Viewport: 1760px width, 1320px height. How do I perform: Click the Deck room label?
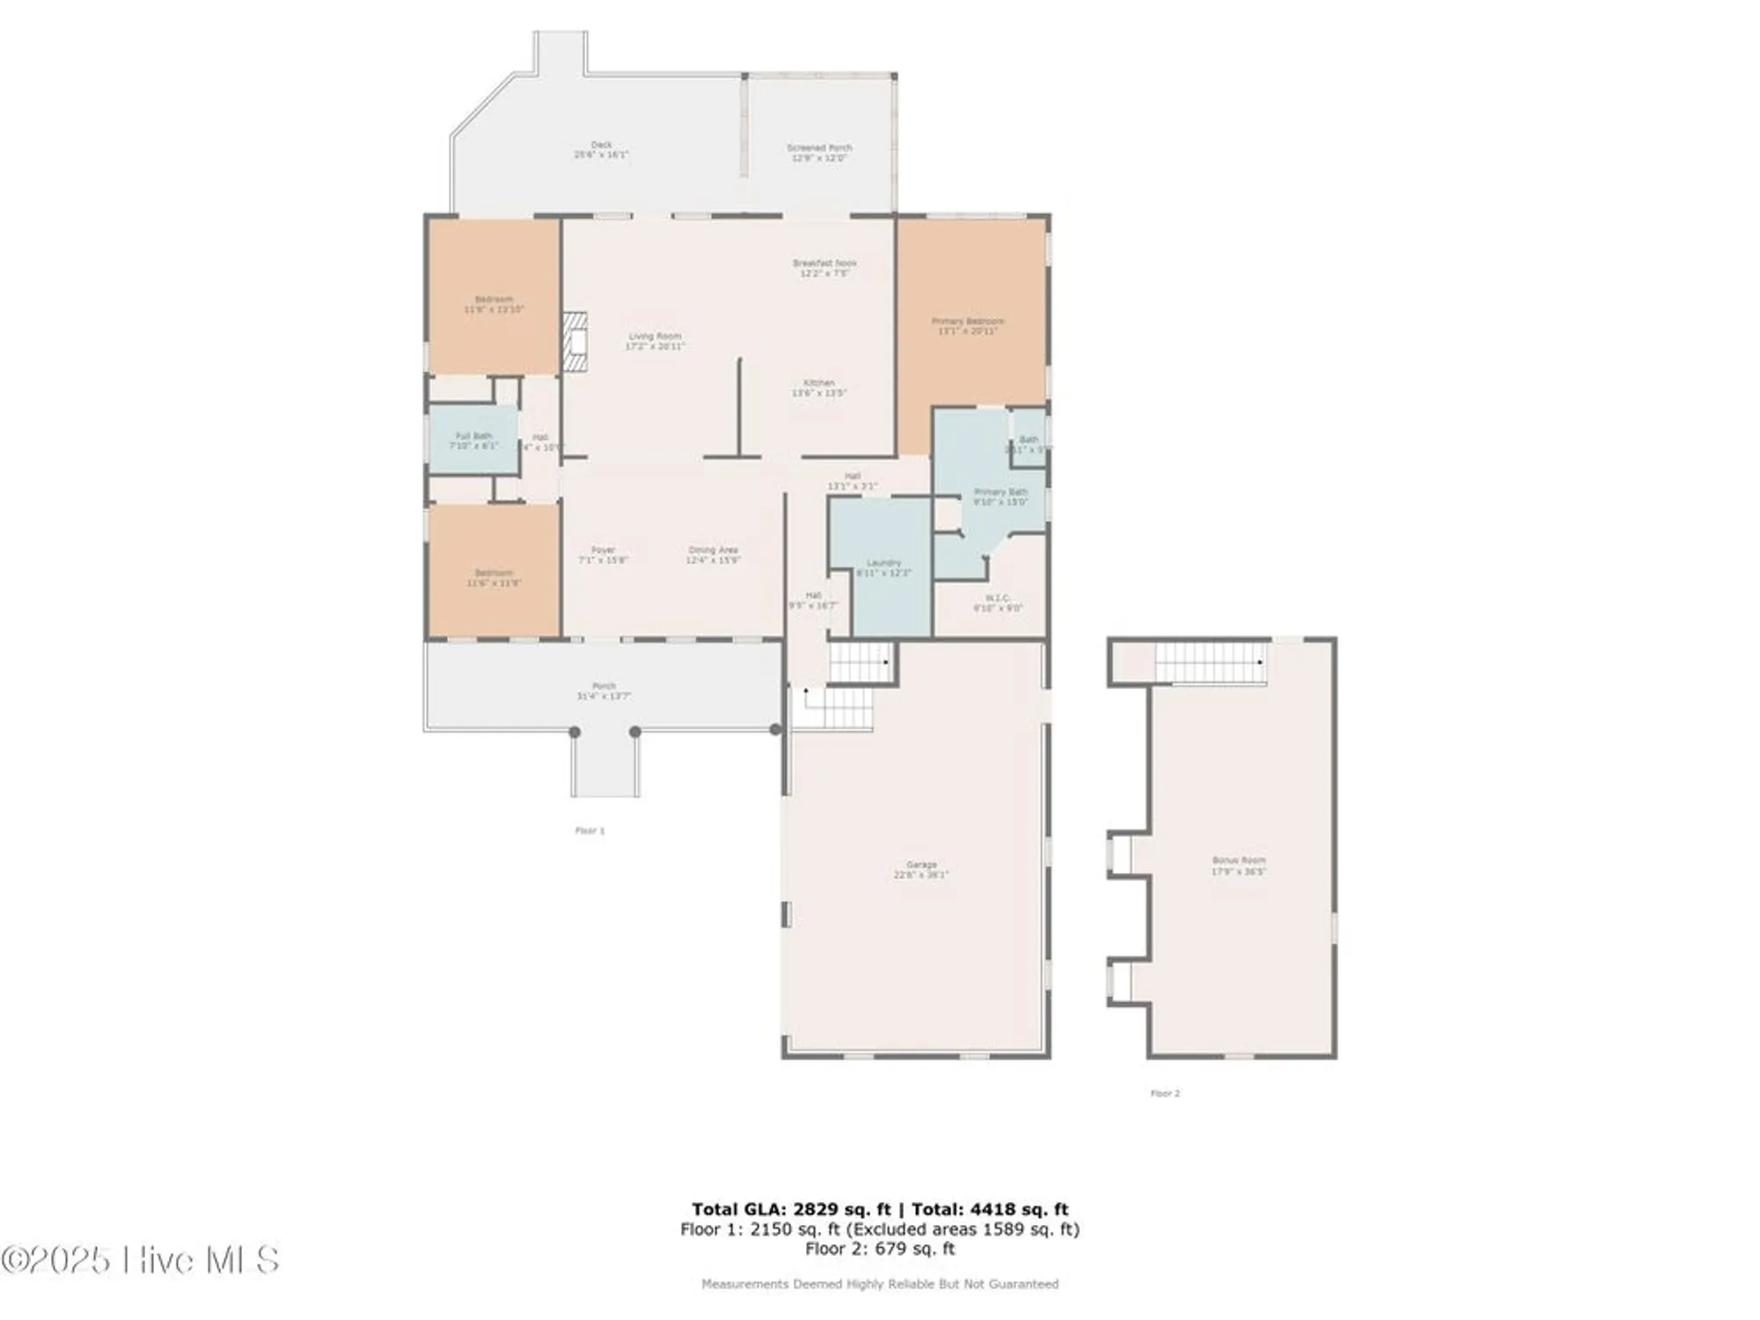coord(601,150)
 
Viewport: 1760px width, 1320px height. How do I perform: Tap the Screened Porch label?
coord(818,153)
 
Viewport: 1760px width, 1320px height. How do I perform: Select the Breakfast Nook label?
coord(824,268)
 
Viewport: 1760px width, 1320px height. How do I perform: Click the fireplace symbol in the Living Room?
coord(575,342)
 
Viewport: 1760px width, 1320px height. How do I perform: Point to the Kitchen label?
coord(818,388)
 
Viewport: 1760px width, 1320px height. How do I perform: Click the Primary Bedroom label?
coord(967,326)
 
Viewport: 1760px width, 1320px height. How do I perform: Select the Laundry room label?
coord(884,568)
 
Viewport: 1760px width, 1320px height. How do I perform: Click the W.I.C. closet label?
coord(997,603)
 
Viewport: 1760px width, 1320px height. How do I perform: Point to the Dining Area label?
coord(713,554)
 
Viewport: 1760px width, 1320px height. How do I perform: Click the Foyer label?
coord(603,554)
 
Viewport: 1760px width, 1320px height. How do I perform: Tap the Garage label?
coord(921,869)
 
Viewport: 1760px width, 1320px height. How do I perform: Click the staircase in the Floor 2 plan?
coord(1210,663)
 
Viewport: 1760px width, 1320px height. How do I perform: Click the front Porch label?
coord(604,691)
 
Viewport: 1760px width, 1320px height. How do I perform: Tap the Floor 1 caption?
coord(590,831)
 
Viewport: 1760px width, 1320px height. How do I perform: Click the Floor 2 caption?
coord(1165,1093)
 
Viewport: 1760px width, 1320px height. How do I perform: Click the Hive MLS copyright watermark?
coord(141,1260)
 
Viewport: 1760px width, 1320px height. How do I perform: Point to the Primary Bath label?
coord(1001,496)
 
